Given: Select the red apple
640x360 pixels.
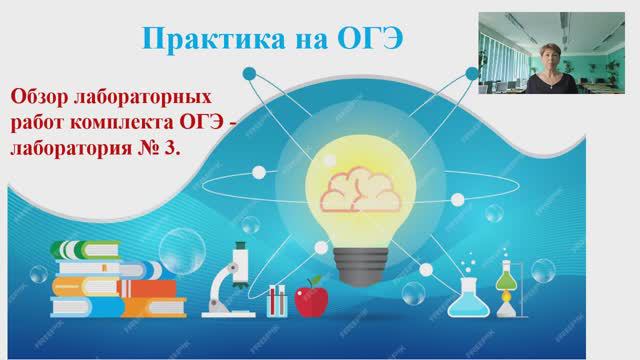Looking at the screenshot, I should [x=312, y=297].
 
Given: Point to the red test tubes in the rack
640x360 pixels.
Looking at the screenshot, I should [x=277, y=299].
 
